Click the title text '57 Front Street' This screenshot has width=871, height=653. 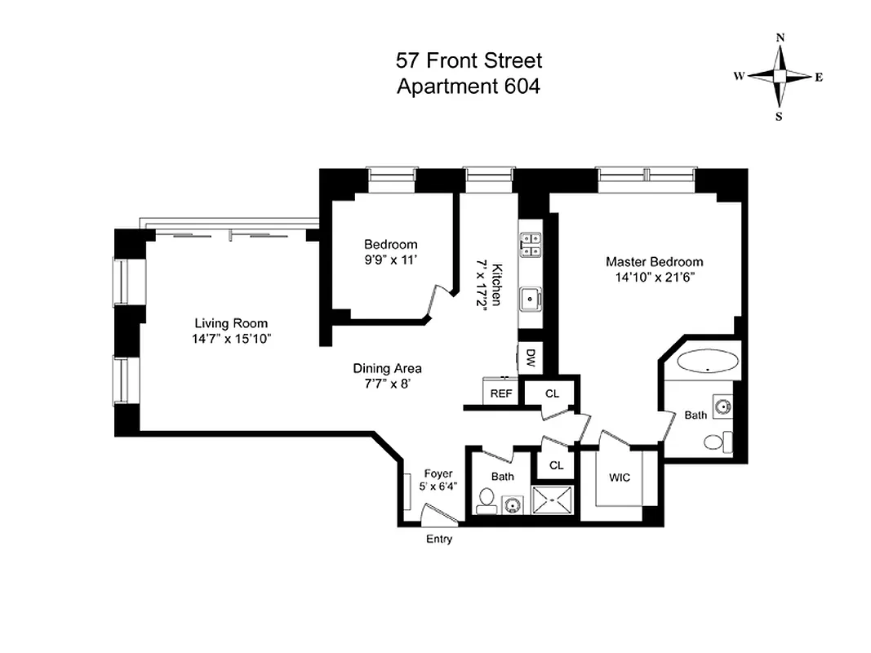[469, 60]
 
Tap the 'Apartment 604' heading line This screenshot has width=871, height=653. [469, 86]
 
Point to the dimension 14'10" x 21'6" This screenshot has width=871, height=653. [654, 277]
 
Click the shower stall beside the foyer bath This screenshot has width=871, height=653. [554, 499]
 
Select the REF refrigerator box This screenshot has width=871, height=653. [500, 393]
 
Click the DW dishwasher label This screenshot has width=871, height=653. [531, 356]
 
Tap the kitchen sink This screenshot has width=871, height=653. [531, 299]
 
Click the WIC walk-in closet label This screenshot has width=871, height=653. [620, 478]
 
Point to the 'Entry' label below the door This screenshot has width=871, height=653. [438, 540]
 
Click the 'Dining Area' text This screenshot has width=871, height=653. [387, 369]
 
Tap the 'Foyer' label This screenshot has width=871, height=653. [438, 473]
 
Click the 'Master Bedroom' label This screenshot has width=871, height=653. [654, 262]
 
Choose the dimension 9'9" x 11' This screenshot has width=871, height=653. [390, 260]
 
